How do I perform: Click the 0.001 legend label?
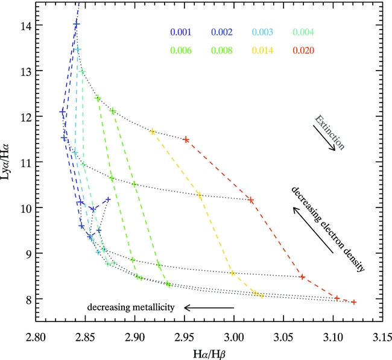point(180,33)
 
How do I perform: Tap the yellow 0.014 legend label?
point(261,50)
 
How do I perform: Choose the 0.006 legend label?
point(180,50)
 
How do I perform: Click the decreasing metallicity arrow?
point(209,308)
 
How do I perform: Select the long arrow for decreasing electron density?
point(312,230)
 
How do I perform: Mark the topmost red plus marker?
point(186,139)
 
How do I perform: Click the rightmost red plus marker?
point(354,302)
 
